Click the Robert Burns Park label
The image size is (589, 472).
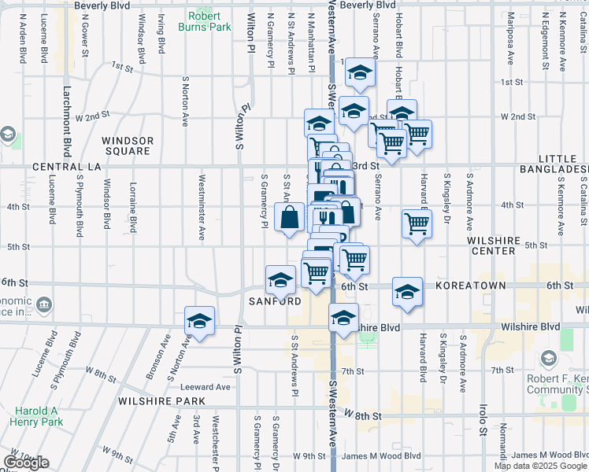[209, 21]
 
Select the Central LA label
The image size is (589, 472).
[67, 167]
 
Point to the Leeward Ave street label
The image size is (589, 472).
[205, 386]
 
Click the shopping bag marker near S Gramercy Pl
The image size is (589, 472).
[289, 217]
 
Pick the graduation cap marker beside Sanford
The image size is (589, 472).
[280, 279]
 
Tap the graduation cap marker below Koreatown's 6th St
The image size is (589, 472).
[407, 292]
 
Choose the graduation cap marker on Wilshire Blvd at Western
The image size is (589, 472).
[343, 319]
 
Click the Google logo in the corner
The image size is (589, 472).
[26, 463]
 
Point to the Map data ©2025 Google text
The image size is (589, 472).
[539, 466]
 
